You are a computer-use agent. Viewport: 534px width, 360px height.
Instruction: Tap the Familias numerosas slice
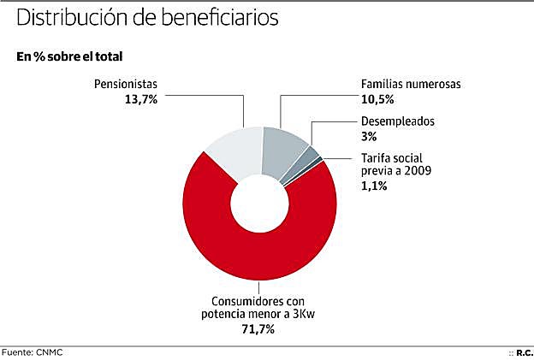(x=288, y=150)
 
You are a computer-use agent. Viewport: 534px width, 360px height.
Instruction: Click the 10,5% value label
(x=375, y=99)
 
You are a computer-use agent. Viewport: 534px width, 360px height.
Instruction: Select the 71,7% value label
(x=258, y=329)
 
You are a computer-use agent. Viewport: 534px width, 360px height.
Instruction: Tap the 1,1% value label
(x=373, y=185)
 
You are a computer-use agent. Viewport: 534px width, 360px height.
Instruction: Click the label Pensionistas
(x=126, y=85)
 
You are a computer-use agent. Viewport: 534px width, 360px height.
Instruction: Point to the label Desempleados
(x=397, y=121)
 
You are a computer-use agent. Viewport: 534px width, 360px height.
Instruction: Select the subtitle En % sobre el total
(x=69, y=56)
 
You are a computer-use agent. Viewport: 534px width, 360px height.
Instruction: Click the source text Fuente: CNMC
(x=33, y=351)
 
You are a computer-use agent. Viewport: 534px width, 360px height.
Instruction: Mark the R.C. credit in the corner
(x=524, y=351)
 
